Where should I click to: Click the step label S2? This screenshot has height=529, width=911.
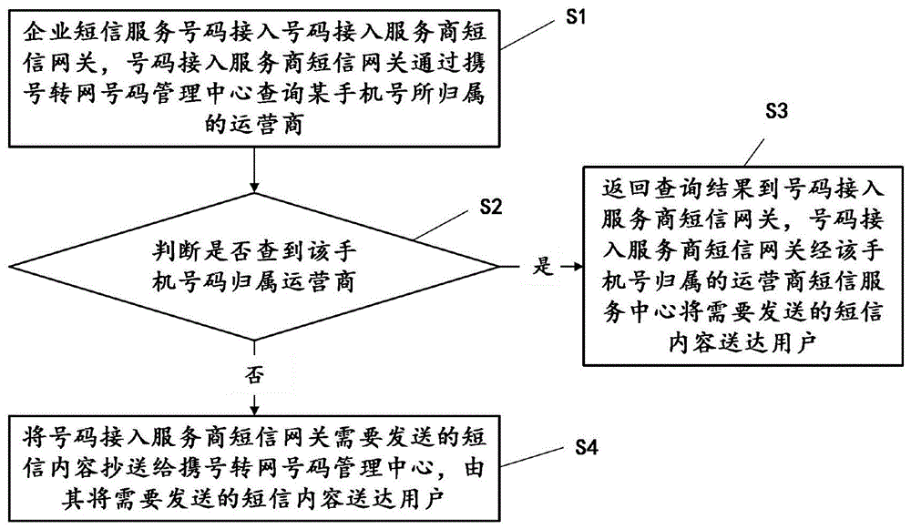(490, 207)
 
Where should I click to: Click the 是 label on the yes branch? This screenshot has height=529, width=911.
(542, 268)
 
